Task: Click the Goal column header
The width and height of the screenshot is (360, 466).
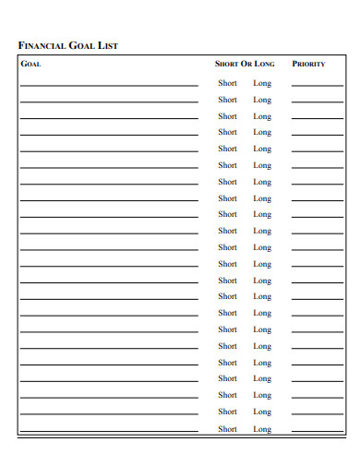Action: click(x=30, y=65)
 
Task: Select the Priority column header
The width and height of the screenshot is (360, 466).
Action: click(x=308, y=65)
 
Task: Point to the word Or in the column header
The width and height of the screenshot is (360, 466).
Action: click(x=246, y=65)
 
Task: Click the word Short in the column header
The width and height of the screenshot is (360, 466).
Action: click(x=226, y=65)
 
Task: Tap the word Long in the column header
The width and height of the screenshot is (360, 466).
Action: click(x=264, y=65)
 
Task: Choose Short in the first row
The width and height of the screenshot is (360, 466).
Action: click(x=227, y=83)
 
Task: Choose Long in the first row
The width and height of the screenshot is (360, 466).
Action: click(x=262, y=83)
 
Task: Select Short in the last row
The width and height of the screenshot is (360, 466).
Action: click(x=227, y=429)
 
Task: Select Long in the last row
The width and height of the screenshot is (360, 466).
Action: click(x=262, y=429)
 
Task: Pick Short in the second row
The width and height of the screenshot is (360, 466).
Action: click(x=227, y=100)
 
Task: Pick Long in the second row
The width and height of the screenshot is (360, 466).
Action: click(x=262, y=100)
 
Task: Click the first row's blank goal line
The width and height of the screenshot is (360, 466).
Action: click(x=109, y=86)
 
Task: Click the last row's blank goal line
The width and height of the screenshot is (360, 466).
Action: click(x=109, y=431)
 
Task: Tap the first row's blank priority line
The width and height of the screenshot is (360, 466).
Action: click(x=317, y=86)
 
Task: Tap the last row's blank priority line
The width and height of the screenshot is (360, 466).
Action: click(x=317, y=431)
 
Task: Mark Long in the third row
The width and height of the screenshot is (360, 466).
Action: click(x=262, y=116)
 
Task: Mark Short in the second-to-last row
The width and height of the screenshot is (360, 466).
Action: click(x=227, y=412)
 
